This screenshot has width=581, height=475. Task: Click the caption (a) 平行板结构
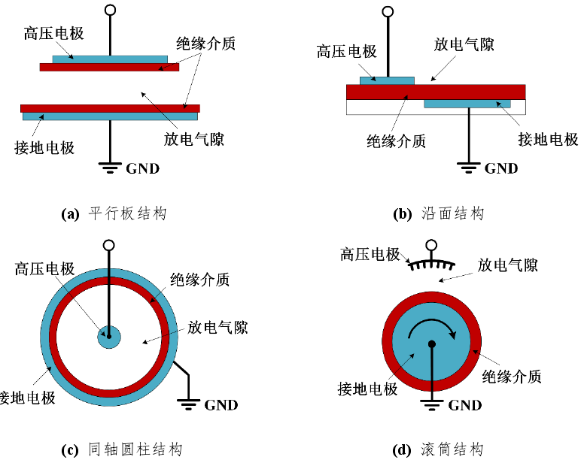coord(113,213)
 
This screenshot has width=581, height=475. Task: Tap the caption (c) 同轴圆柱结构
coord(121,450)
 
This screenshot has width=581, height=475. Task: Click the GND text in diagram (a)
coord(143,168)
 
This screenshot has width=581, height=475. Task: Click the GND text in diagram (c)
coord(221,405)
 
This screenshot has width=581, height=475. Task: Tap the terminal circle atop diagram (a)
coord(111,10)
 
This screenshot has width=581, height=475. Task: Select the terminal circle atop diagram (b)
coord(388,11)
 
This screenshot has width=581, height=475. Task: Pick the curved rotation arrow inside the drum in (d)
coord(433,323)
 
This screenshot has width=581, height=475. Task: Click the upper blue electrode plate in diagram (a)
coord(110,58)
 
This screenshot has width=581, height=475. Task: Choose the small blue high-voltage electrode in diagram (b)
coord(387,80)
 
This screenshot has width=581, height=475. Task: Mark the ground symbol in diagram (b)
coord(470,168)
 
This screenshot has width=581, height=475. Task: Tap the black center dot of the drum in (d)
coord(432,344)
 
